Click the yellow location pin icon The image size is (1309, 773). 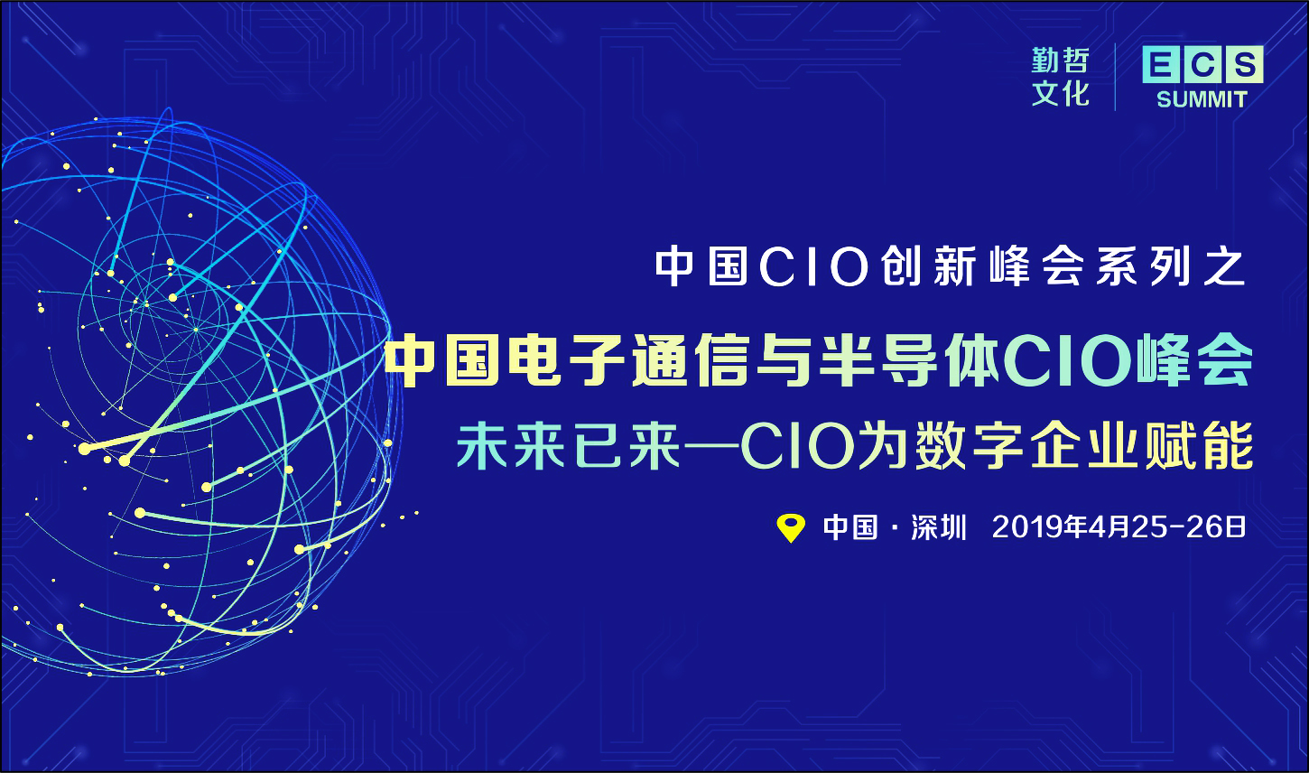pos(791,528)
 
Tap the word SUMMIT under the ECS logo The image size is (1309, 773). pos(1202,100)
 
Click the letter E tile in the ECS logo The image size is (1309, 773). pos(1161,65)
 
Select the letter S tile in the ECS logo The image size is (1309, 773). pos(1244,64)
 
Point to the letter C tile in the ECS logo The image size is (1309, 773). pos(1202,65)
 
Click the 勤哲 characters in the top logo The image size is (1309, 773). pos(1061,61)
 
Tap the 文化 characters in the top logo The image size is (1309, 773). pos(1061,94)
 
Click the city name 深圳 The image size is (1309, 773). pos(939,527)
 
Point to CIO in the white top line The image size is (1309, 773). pos(814,267)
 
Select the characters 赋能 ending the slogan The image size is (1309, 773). pos(1199,446)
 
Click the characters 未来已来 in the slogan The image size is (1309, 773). pos(569,446)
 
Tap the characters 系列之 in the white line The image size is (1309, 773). pos(1171,267)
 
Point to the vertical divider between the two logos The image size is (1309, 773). pos(1115,77)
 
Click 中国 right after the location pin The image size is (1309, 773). pos(850,527)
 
